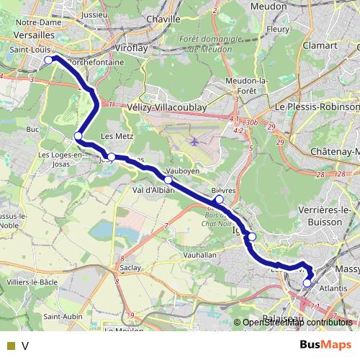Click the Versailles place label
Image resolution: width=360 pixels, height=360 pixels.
coord(28,34)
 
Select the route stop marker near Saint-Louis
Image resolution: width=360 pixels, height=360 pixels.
coord(48,60)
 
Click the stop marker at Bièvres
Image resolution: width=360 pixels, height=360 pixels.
coord(219,199)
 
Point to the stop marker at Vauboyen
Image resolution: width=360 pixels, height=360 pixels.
coord(168,180)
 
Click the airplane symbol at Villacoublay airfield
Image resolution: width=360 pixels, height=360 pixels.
coord(196,140)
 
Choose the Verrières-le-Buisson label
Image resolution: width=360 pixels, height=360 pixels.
coord(320,217)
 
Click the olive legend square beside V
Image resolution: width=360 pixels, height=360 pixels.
coord(10,346)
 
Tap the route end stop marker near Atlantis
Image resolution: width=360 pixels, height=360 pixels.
coord(307,283)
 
